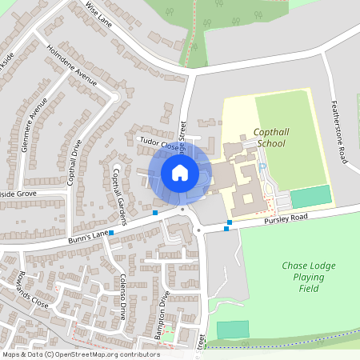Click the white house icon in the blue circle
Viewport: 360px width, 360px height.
point(180,172)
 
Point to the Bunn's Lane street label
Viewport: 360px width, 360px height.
point(89,235)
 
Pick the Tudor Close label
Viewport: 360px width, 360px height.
point(158,143)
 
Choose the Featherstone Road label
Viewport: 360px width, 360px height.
point(339,132)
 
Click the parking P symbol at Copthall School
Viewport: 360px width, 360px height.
point(262,167)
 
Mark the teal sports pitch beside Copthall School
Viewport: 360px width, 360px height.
point(310,197)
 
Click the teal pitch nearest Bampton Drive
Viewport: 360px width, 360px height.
point(232,330)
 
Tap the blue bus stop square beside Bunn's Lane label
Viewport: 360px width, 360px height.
point(111,233)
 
